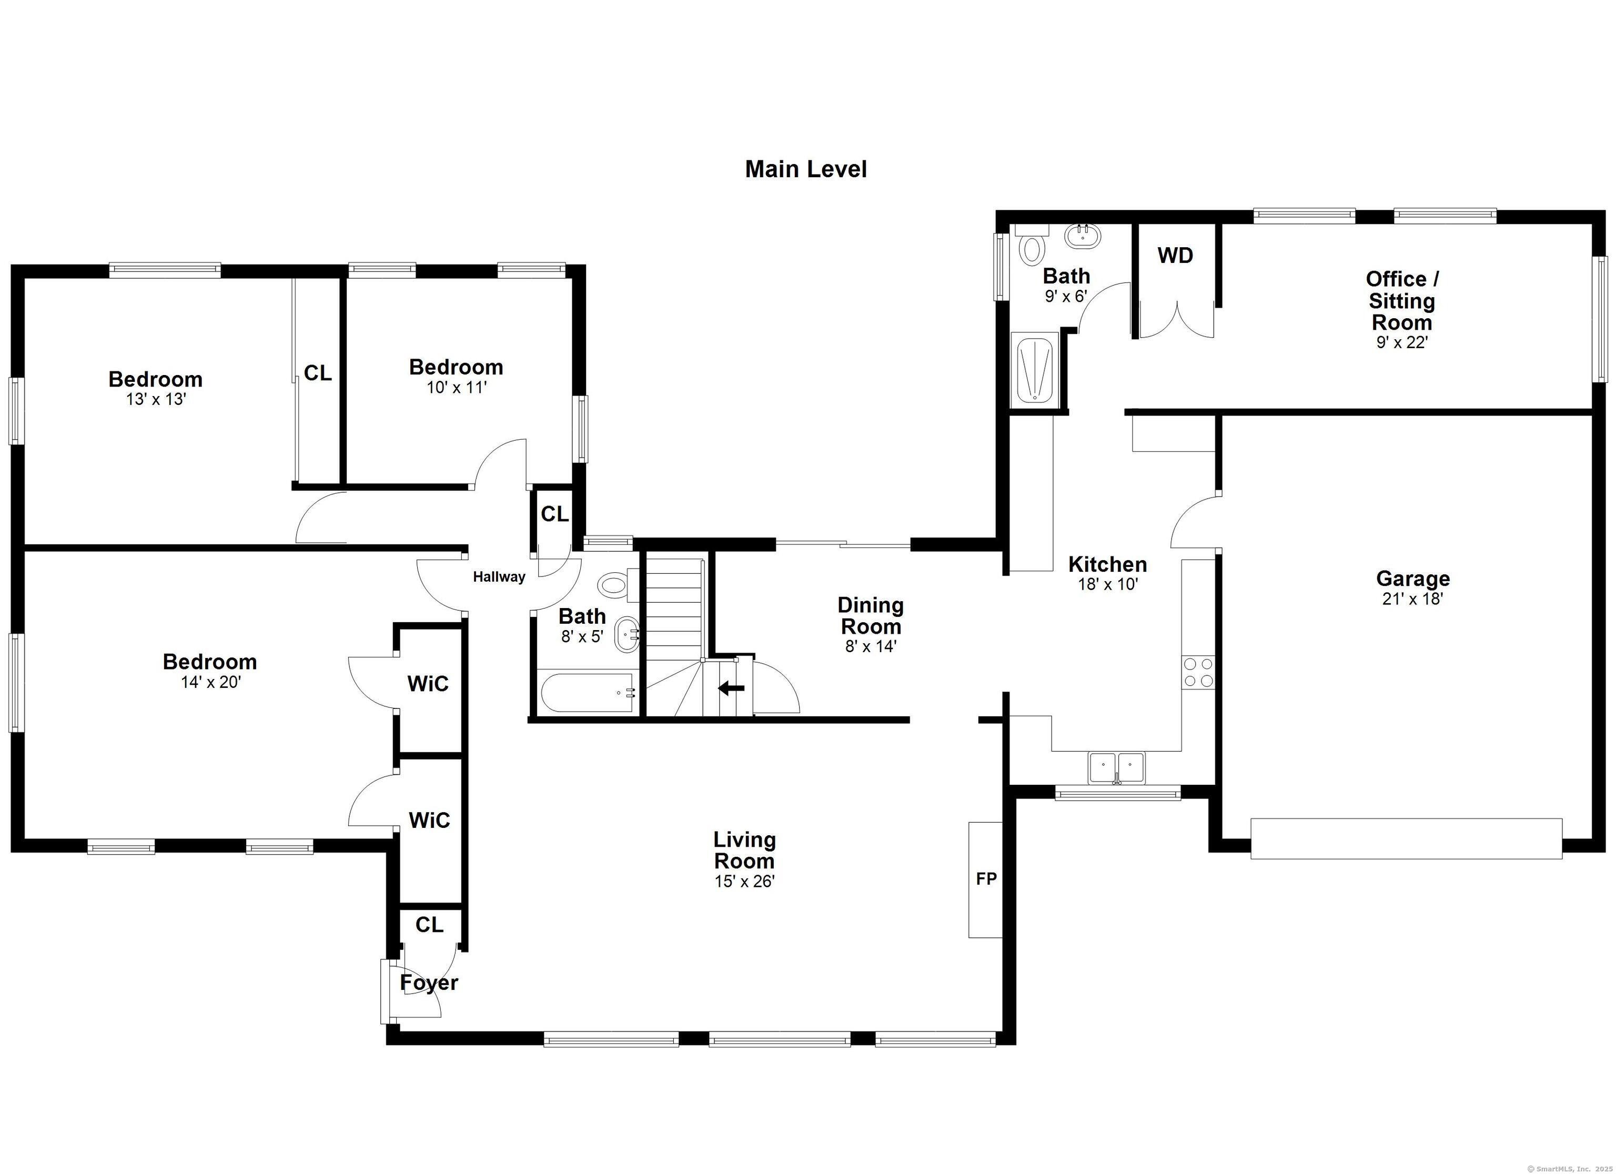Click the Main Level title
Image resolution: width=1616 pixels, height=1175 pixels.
coord(805,169)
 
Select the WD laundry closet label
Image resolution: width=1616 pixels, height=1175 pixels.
coord(1175,255)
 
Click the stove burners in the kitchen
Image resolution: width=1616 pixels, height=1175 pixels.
coord(1198,672)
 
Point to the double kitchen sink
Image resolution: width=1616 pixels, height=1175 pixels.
coord(1116,767)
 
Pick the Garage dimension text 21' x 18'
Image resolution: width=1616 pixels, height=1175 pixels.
coord(1412,599)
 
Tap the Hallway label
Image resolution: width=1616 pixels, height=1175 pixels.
coord(499,577)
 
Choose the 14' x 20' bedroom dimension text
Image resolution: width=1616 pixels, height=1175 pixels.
coord(211,683)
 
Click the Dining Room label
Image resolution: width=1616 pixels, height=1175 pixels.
coord(870,616)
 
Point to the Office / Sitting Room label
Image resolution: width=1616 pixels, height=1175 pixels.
coord(1401,301)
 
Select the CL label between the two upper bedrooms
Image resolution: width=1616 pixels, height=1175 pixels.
coord(318,373)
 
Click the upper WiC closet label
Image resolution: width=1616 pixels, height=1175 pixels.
coord(428,684)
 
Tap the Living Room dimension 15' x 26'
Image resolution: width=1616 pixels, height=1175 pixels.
coord(744,882)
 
